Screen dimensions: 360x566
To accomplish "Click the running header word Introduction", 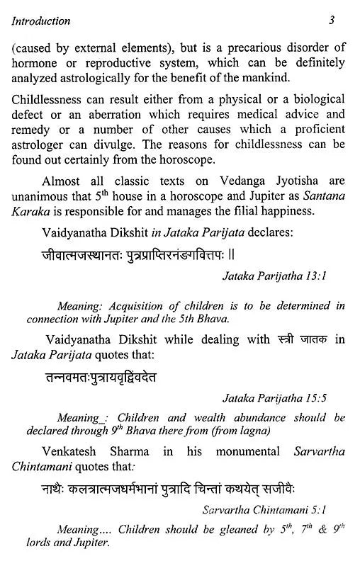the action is coord(40,21).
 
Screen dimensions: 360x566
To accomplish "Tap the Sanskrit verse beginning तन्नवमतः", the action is coord(99,378).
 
